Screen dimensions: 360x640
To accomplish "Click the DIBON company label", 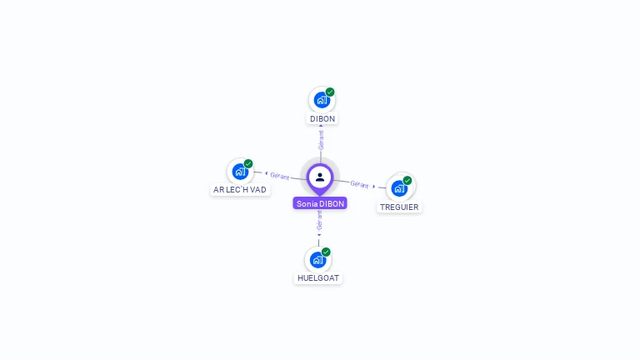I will click(x=322, y=119).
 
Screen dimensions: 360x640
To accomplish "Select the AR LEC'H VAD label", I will click(x=240, y=190).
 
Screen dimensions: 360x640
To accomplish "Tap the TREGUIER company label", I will click(x=400, y=207).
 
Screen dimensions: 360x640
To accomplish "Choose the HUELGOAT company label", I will click(x=318, y=278).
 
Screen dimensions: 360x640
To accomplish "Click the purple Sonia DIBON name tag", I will click(x=320, y=203).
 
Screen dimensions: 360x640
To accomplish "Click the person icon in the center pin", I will click(x=320, y=177).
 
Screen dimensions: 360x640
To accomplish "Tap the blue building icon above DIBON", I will click(x=321, y=100).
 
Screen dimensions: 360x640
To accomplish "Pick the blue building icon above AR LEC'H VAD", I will click(x=240, y=172).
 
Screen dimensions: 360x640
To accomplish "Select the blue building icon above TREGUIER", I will click(x=399, y=187).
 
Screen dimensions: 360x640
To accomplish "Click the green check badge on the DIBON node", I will click(x=330, y=92).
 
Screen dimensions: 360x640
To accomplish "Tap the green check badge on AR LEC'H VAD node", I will click(x=248, y=163).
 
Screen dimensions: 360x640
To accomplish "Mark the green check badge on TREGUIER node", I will click(x=407, y=180).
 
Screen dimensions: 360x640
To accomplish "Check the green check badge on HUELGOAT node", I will click(x=326, y=252).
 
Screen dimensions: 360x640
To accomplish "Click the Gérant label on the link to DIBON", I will click(x=321, y=139).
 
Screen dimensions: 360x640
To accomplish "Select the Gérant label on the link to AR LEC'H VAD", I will click(x=280, y=176).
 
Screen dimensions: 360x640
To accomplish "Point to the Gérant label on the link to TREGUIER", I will click(x=359, y=184).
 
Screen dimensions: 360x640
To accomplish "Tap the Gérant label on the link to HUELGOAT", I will click(x=319, y=219).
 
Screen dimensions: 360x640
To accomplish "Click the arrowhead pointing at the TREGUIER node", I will click(x=374, y=187).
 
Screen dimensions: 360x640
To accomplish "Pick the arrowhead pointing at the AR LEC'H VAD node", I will click(x=266, y=174).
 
